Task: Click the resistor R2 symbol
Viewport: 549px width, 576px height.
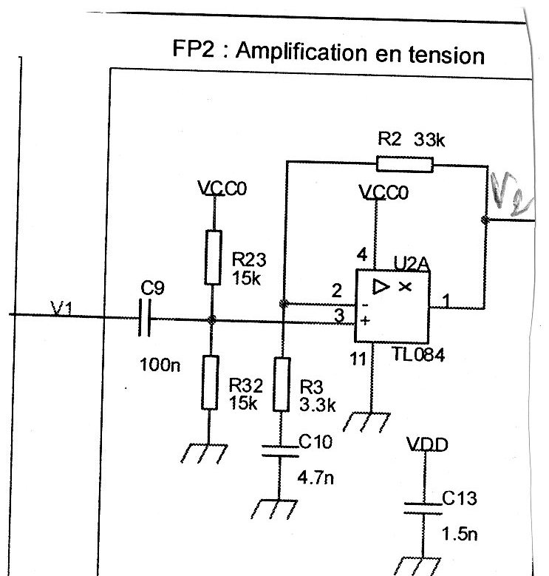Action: (x=405, y=164)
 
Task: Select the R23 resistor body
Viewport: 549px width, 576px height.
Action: (x=213, y=257)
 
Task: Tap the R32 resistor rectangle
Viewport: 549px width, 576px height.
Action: (x=210, y=382)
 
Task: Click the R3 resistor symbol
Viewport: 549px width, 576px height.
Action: (x=282, y=384)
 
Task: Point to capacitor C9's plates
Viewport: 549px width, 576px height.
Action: (x=145, y=318)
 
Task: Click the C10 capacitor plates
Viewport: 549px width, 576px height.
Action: (x=280, y=452)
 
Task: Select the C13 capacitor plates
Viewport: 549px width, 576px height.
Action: (x=423, y=508)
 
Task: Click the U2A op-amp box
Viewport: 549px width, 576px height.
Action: (x=392, y=306)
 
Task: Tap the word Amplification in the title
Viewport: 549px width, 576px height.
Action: (x=301, y=51)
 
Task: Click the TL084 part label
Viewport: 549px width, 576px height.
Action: (x=418, y=355)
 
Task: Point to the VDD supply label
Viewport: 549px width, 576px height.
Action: (x=427, y=444)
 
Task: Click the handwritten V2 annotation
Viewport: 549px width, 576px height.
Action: (x=511, y=194)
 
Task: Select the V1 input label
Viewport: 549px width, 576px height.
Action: (x=61, y=308)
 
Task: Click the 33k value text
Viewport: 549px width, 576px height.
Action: (x=429, y=140)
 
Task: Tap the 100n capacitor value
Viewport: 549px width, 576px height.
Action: (x=160, y=365)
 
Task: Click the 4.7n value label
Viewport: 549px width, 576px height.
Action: (x=316, y=478)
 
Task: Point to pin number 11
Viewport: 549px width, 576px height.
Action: (x=358, y=359)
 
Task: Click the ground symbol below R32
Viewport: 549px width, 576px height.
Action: (x=204, y=454)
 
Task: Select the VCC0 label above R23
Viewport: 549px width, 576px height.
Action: (x=222, y=189)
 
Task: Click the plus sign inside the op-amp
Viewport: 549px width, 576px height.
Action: (x=365, y=321)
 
